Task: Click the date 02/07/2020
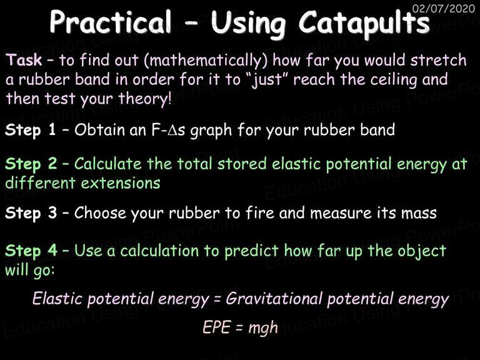point(444,8)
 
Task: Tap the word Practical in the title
point(111,22)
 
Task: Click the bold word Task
point(24,59)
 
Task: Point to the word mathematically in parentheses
point(206,60)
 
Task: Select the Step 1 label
point(31,130)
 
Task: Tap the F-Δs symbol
point(168,130)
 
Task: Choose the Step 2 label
point(31,164)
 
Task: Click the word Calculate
point(107,164)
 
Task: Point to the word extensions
point(121,183)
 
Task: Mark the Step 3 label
point(31,213)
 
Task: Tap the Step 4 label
point(31,251)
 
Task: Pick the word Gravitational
point(274,298)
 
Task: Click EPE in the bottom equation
point(216,327)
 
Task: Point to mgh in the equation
point(263,329)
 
